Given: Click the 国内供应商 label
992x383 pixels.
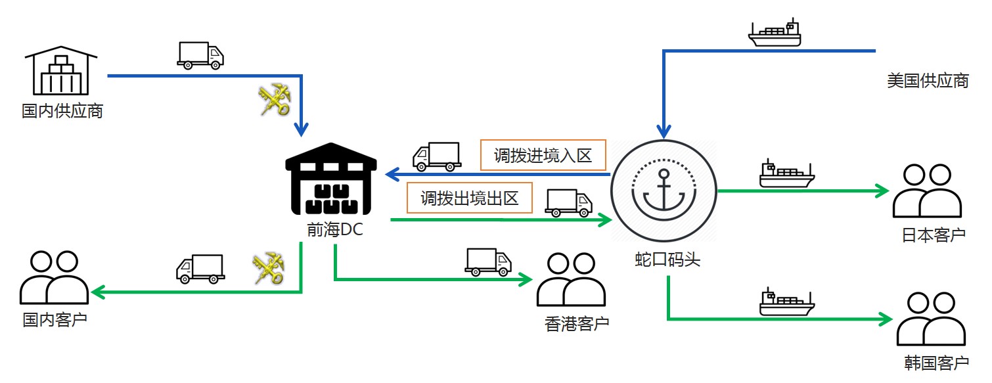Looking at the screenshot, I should tap(62, 110).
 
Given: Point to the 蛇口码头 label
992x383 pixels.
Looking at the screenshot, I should tap(667, 259).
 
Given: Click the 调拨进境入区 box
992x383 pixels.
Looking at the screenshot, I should tap(543, 156).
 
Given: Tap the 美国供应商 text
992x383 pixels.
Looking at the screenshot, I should tap(927, 81).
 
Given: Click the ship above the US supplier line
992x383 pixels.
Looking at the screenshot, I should tap(776, 34).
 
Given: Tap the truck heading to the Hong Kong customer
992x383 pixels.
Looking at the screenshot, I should tap(487, 261).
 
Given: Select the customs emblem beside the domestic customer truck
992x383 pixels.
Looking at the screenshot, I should tap(268, 269).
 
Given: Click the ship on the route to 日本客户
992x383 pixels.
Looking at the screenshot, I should tap(786, 174).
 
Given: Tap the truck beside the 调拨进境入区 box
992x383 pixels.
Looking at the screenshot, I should tap(436, 156).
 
